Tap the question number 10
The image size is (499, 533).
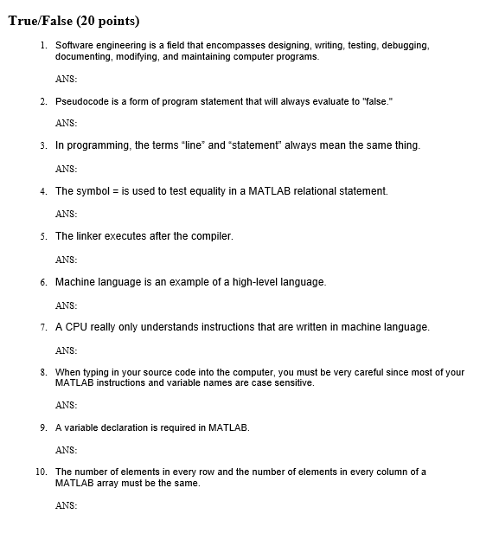41,472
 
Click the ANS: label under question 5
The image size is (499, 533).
67,260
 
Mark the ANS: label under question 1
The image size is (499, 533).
67,79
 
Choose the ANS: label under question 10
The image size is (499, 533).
67,505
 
